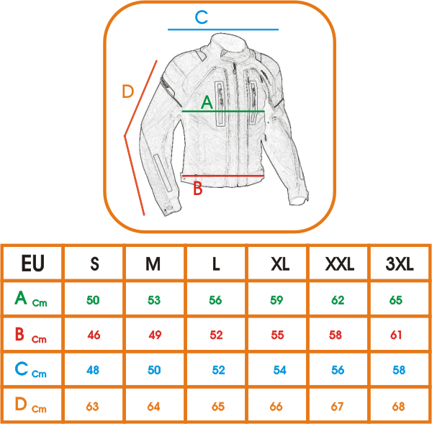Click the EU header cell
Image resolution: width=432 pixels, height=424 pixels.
click(32, 263)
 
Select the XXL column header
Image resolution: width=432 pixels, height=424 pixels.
click(339, 264)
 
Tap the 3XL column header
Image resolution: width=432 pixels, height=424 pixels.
click(400, 264)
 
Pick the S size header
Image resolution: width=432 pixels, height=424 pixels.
click(94, 264)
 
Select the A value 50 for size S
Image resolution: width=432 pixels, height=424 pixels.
click(93, 300)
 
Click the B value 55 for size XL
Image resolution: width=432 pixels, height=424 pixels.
click(278, 335)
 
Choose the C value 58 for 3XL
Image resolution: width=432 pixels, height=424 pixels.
click(399, 370)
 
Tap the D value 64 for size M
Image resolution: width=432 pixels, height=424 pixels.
click(153, 407)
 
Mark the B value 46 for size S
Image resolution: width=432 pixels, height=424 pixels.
click(93, 335)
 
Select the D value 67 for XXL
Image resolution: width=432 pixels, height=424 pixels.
click(338, 407)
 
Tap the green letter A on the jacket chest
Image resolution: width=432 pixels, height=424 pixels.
click(207, 102)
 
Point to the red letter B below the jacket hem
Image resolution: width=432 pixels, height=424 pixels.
click(197, 189)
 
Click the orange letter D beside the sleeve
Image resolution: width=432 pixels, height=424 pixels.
click(128, 91)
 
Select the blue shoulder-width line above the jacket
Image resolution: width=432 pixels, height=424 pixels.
click(222, 30)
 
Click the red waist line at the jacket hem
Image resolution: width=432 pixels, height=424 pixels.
click(223, 176)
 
